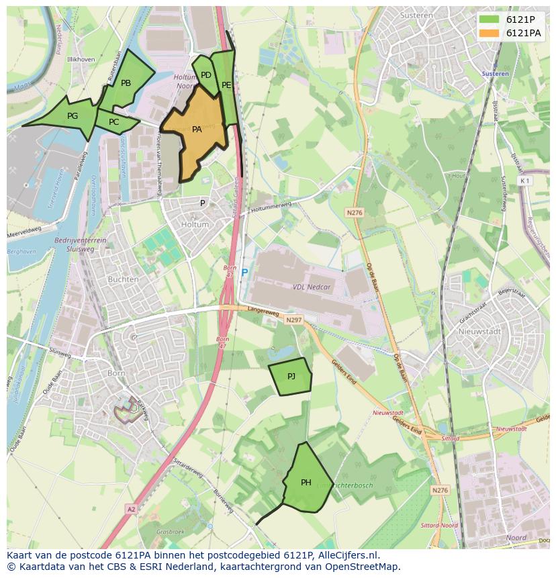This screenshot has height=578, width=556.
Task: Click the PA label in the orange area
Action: pyautogui.click(x=197, y=130)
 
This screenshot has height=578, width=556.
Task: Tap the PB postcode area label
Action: pyautogui.click(x=126, y=83)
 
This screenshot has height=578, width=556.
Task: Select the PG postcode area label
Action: pyautogui.click(x=73, y=115)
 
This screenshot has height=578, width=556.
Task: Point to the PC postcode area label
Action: pyautogui.click(x=113, y=122)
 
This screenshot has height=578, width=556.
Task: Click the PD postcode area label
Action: pyautogui.click(x=206, y=75)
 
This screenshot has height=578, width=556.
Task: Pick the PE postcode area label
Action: pyautogui.click(x=226, y=85)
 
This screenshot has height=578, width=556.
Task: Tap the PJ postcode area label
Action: pyautogui.click(x=291, y=377)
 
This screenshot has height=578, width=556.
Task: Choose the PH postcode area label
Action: pyautogui.click(x=306, y=482)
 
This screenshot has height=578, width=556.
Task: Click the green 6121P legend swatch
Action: pyautogui.click(x=489, y=19)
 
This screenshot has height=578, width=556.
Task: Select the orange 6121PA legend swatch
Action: pyautogui.click(x=489, y=33)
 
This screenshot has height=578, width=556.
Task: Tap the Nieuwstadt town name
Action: pyautogui.click(x=476, y=331)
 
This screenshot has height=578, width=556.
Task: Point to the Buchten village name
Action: pyautogui.click(x=124, y=279)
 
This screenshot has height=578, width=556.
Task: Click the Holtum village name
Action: pyautogui.click(x=195, y=224)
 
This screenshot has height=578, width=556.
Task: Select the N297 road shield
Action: pyautogui.click(x=293, y=320)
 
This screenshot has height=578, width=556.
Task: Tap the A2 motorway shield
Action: pyautogui.click(x=130, y=510)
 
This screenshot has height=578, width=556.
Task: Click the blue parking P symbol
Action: pyautogui.click(x=244, y=273)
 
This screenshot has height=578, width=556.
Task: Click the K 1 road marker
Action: pyautogui.click(x=524, y=181)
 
